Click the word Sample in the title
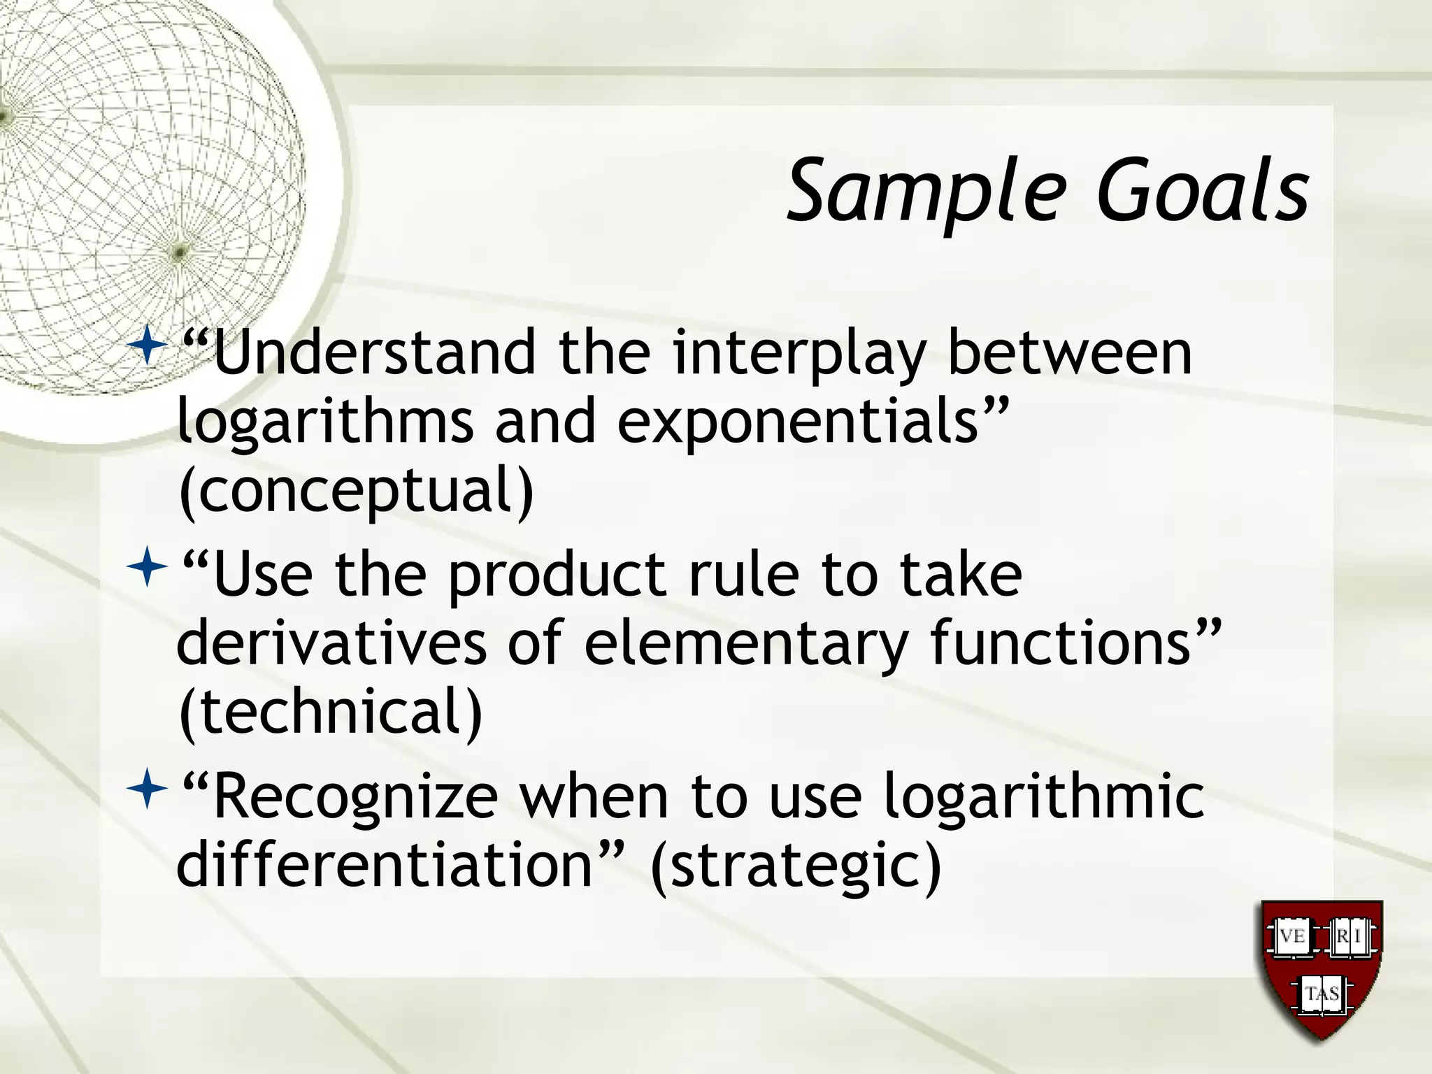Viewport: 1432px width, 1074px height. point(927,192)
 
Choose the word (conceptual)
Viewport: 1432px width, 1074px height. point(357,490)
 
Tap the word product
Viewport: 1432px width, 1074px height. point(557,575)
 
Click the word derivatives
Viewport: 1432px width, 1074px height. point(331,643)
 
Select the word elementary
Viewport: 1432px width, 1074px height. point(745,643)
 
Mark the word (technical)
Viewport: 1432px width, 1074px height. point(331,711)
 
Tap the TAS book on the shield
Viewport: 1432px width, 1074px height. point(1322,994)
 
